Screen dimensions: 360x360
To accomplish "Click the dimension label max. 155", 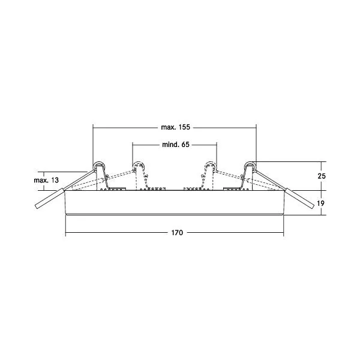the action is click(x=176, y=127).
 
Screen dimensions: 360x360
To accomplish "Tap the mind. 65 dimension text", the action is click(x=176, y=145).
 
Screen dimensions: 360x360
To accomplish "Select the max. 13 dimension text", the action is click(x=46, y=180).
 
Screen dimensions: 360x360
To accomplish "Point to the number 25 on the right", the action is click(x=322, y=176).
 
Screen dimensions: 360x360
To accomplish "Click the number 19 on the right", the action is click(x=321, y=203).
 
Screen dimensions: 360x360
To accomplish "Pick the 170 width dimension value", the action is click(x=177, y=233).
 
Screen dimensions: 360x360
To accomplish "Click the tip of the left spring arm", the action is click(x=36, y=206).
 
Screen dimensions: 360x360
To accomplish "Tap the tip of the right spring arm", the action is click(x=313, y=206).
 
